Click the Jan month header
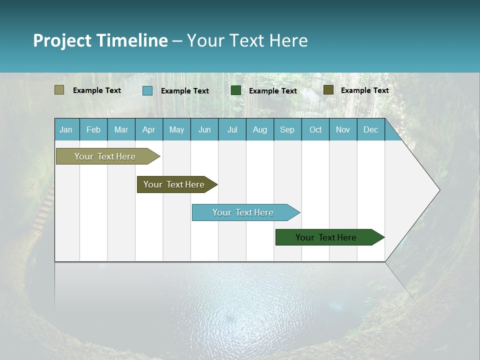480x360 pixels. tap(66, 129)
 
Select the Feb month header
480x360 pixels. tap(93, 129)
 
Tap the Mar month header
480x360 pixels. tap(121, 129)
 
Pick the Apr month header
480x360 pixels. tap(148, 129)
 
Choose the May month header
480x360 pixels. tap(176, 129)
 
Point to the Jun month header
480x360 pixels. tap(204, 129)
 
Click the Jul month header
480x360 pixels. tap(232, 129)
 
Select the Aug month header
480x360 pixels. tap(259, 129)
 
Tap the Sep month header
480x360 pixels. tap(287, 129)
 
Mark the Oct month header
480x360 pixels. tap(315, 129)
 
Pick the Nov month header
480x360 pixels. tap(343, 129)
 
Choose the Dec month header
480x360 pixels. tap(370, 129)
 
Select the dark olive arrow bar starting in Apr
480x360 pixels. tap(175, 184)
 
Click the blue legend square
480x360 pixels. tap(147, 90)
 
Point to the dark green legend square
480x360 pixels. tap(236, 90)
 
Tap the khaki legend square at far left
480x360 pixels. tap(59, 90)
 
